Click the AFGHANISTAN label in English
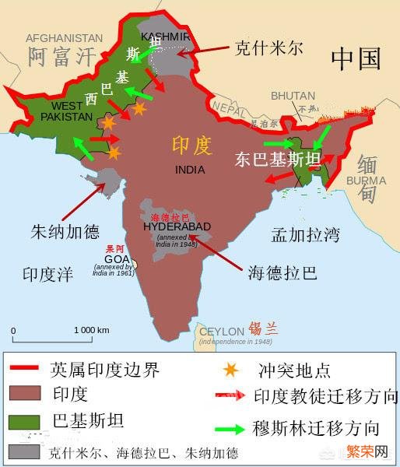tap(65, 37)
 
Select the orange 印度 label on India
tap(191, 145)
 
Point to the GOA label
tap(114, 259)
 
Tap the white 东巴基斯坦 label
tap(278, 160)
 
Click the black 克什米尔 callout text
tap(268, 48)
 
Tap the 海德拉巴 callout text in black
tap(282, 272)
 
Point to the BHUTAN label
tap(292, 96)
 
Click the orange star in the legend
tap(228, 370)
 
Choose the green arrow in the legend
tap(230, 427)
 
